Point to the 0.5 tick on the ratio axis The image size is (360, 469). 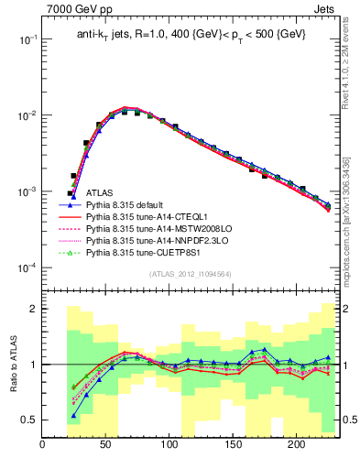30,420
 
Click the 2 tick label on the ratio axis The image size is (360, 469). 34,309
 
